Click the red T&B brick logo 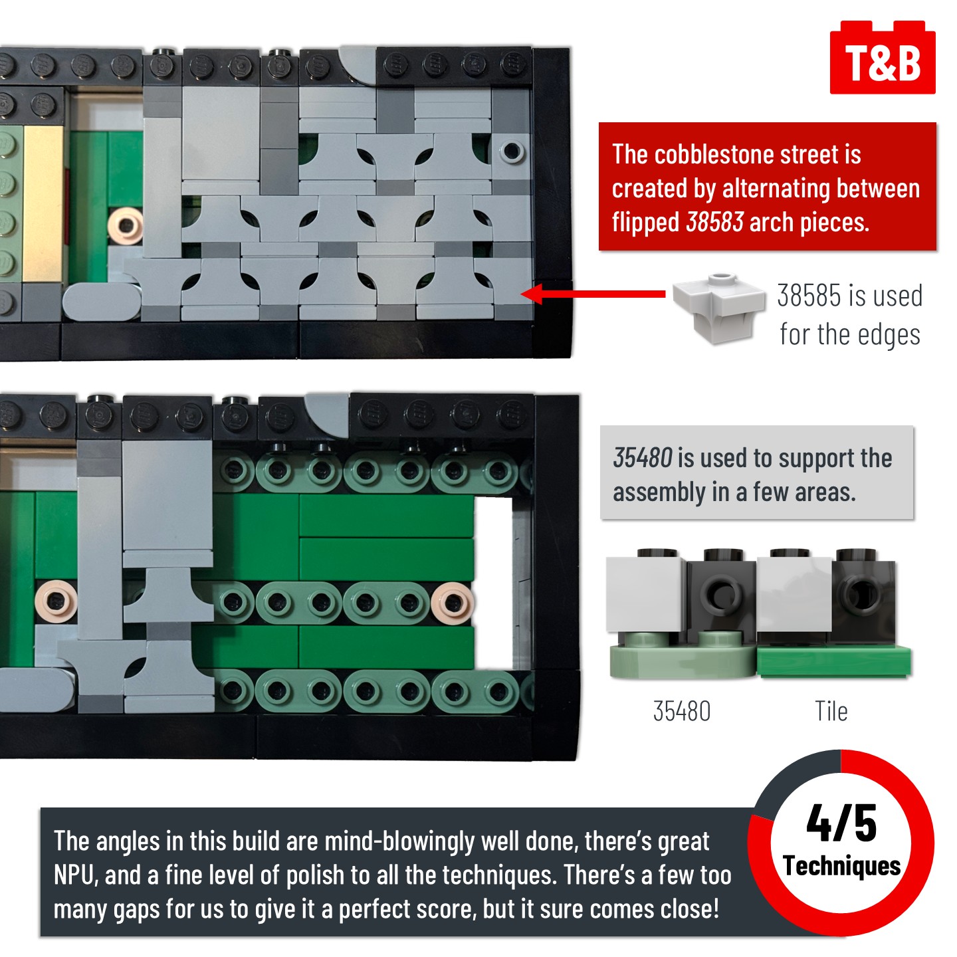(883, 58)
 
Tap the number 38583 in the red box (714, 221)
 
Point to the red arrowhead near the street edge (532, 294)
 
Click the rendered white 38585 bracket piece (718, 308)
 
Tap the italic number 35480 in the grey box (643, 457)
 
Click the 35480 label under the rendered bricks (682, 711)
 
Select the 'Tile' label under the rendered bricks (831, 711)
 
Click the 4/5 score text (841, 823)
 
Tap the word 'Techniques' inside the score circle (842, 866)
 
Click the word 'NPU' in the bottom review (74, 875)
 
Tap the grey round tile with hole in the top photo (512, 150)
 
